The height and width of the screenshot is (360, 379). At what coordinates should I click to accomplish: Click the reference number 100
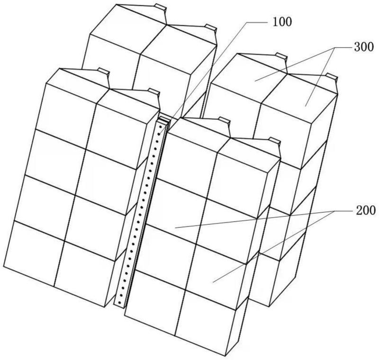[282, 22]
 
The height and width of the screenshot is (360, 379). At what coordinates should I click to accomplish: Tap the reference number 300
[364, 47]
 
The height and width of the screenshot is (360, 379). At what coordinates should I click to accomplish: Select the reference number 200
[365, 210]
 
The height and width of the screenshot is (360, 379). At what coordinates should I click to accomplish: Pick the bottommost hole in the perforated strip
[119, 302]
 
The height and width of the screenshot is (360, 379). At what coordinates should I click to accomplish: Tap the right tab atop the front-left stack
[154, 92]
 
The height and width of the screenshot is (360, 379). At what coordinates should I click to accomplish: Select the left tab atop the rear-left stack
[161, 7]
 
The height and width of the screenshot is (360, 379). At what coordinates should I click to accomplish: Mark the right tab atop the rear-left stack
[210, 27]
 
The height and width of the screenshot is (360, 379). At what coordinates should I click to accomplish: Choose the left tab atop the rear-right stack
[281, 56]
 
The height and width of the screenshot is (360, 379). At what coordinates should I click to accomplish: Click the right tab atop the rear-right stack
[331, 76]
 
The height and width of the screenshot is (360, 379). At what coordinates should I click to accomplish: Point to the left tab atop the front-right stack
[224, 120]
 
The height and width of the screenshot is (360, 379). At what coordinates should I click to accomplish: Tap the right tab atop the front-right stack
[274, 141]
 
